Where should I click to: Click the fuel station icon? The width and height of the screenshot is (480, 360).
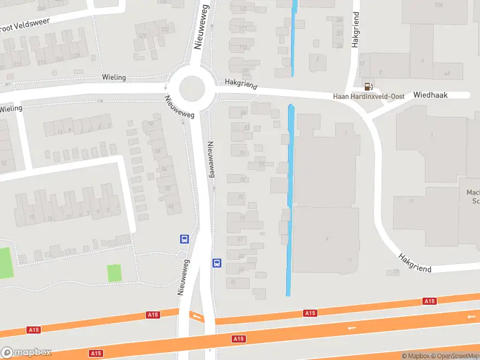367,86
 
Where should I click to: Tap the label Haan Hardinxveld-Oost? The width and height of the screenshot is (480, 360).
368,97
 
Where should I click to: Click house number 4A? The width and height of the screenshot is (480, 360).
446,73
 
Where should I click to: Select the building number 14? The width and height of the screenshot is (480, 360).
411,200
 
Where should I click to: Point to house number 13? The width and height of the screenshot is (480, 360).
395,272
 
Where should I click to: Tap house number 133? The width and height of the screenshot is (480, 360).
165,29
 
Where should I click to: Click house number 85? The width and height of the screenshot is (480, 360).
242,113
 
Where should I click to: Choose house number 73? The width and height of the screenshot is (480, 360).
241,197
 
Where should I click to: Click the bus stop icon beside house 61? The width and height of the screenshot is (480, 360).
217,263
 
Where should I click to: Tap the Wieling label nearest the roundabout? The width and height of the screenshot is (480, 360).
114,77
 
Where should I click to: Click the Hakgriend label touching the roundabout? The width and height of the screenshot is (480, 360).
236,83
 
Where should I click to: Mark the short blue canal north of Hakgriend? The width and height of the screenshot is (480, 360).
293,37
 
